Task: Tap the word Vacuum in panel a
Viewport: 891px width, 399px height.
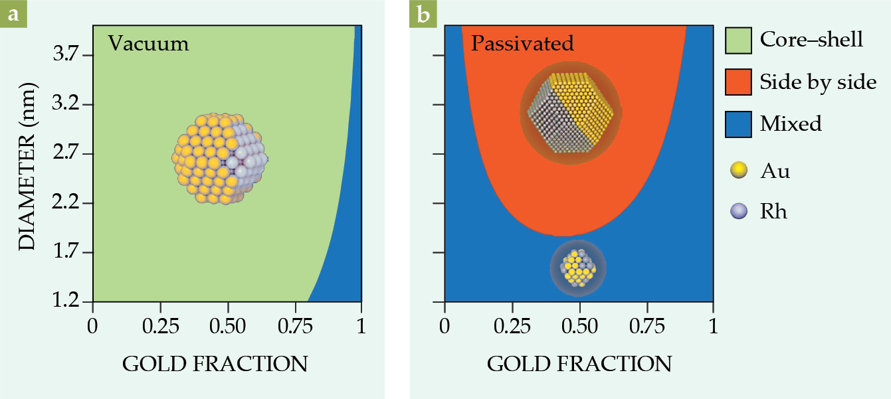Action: pyautogui.click(x=149, y=43)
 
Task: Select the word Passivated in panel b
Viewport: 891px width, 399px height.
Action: pyautogui.click(x=522, y=43)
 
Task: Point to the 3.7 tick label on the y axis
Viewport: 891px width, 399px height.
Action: pyautogui.click(x=66, y=55)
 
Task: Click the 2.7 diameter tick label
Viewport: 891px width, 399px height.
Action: pyautogui.click(x=66, y=154)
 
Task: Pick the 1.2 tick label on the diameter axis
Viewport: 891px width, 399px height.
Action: pyautogui.click(x=66, y=302)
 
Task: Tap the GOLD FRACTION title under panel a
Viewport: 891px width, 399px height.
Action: pyautogui.click(x=214, y=363)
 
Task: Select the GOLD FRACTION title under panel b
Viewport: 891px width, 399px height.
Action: pyautogui.click(x=579, y=363)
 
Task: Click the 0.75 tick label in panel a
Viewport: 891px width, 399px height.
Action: pyautogui.click(x=295, y=326)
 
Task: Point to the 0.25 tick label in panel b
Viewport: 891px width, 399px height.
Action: pyautogui.click(x=512, y=326)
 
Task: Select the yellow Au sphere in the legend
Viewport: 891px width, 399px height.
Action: pyautogui.click(x=738, y=171)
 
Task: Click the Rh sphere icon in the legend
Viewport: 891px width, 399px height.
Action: pyautogui.click(x=738, y=211)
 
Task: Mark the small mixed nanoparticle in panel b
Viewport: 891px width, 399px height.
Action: pyautogui.click(x=577, y=267)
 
